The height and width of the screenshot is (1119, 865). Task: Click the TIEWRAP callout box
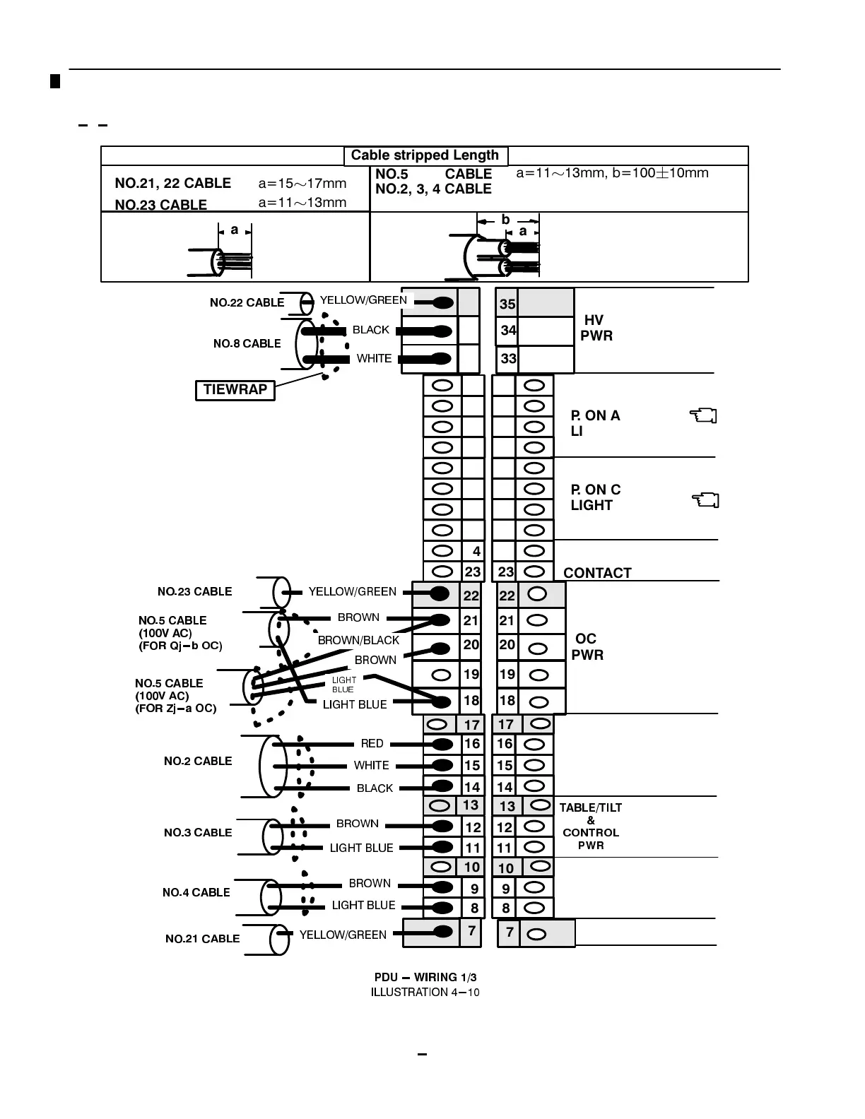pos(235,390)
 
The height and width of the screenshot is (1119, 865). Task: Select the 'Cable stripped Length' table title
pos(425,155)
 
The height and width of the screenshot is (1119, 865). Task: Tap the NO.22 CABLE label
pos(247,302)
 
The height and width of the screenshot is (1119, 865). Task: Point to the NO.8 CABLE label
pos(247,343)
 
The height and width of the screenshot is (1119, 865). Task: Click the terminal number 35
pos(507,304)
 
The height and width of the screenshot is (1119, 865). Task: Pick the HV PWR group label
pos(596,328)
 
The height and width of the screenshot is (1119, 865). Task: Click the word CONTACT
pos(597,573)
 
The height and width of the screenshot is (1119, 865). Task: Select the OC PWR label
pos(587,646)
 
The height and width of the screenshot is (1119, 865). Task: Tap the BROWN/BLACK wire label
pos(358,640)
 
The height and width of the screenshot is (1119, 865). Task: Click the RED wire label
pos(372,743)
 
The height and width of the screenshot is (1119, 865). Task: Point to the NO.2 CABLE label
pos(198,761)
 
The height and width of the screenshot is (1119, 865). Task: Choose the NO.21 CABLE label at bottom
pos(202,938)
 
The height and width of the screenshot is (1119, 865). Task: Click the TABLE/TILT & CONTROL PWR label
pos(591,826)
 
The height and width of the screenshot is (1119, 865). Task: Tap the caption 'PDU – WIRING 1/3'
pos(425,977)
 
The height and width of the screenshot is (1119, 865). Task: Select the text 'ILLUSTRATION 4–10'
pos(425,992)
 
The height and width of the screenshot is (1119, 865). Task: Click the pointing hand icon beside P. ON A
pos(702,415)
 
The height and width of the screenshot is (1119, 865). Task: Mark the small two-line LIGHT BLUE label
pos(343,685)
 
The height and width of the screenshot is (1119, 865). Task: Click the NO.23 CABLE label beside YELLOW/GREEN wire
pos(194,591)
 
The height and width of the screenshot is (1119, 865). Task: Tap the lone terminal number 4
pos(476,552)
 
